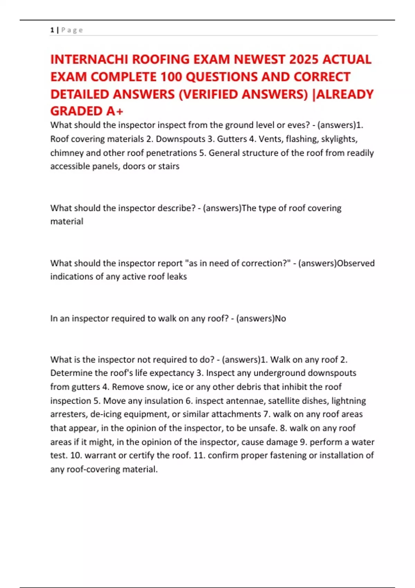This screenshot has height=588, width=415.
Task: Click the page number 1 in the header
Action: [x=52, y=30]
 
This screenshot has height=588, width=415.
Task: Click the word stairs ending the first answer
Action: [x=169, y=166]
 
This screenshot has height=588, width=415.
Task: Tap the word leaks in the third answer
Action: [x=177, y=277]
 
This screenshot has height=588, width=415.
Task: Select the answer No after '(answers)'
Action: [x=280, y=319]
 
